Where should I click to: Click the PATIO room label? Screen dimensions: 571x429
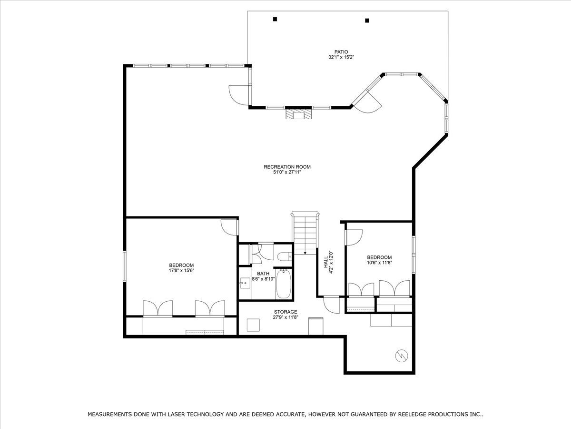341,52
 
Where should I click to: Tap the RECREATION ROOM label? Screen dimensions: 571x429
287,167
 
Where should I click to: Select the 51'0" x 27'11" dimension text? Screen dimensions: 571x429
287,172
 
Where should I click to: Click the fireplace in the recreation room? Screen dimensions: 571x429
298,114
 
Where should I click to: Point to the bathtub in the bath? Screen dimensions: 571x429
284,284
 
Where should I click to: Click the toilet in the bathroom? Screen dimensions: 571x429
285,257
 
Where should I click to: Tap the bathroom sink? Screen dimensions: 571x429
245,282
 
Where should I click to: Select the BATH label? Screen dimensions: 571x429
263,274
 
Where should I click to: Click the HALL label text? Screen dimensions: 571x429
325,262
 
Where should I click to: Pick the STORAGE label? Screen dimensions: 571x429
285,312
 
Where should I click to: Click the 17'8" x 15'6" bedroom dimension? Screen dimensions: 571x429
181,271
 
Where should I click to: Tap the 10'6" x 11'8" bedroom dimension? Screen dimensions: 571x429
379,263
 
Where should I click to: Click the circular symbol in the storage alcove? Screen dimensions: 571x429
402,356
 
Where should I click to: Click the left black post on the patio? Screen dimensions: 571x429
275,19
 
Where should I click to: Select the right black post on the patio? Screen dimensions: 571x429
367,20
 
